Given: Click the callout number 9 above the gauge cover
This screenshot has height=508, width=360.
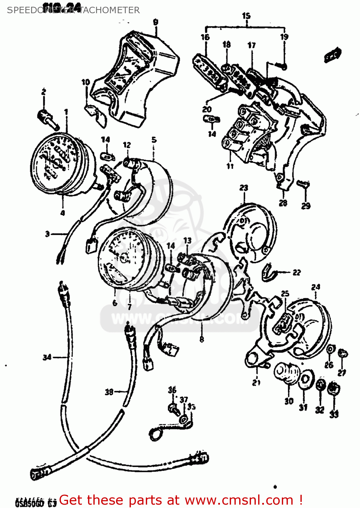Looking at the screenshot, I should click(x=155, y=22).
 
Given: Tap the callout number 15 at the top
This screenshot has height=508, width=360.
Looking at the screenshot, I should click(x=246, y=16).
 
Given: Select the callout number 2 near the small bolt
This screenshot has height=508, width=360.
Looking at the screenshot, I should click(x=44, y=92).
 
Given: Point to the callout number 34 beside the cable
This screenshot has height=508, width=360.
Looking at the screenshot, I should click(x=47, y=357).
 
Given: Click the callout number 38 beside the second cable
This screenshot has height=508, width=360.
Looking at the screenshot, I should click(x=109, y=392).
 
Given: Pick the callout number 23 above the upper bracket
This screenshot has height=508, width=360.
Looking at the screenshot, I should click(x=244, y=188).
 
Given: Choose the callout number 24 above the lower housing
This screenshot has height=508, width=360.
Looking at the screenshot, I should click(x=315, y=287).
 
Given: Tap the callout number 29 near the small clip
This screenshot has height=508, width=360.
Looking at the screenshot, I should click(x=306, y=206).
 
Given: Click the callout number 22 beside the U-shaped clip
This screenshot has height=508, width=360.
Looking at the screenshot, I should click(x=296, y=272).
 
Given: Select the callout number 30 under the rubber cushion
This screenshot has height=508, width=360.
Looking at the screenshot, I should click(x=289, y=401).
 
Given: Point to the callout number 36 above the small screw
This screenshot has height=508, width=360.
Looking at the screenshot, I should click(x=172, y=390).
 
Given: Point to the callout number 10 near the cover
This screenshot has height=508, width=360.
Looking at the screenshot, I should click(x=86, y=82).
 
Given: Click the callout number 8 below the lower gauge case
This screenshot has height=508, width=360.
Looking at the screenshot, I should click(x=202, y=339).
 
